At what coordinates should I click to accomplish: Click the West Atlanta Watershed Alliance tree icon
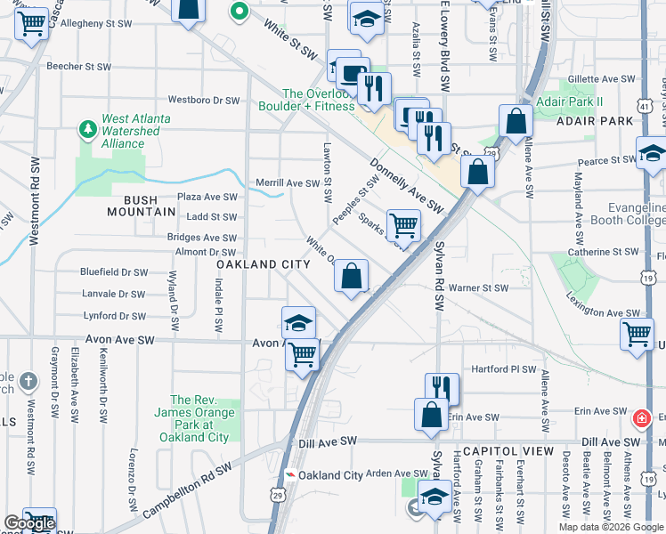88,131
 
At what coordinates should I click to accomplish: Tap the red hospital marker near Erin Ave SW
641,417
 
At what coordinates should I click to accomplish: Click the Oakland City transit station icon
288,475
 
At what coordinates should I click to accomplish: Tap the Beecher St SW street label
78,67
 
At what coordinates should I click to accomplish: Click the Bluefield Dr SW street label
113,272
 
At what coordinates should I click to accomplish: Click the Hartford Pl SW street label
504,369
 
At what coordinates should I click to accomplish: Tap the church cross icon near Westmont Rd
28,382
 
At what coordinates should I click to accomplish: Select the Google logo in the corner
30,524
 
